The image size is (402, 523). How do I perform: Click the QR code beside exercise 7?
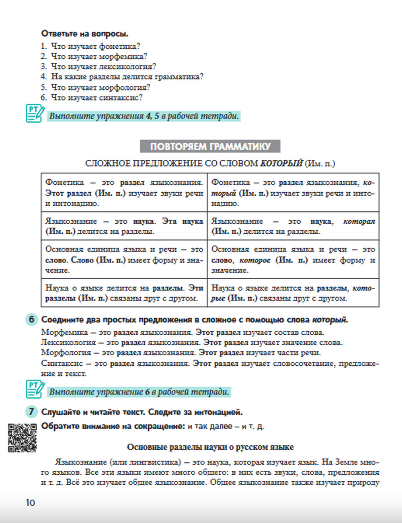[23, 437]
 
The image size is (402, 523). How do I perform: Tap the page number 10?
[30, 502]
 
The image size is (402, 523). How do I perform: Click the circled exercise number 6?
[31, 320]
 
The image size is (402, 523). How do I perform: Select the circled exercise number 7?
[31, 412]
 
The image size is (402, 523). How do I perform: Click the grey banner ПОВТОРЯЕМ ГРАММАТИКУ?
[210, 146]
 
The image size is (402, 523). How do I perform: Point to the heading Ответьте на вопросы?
[85, 34]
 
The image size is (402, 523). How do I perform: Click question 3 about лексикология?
[103, 66]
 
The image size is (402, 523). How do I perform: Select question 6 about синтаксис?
[96, 97]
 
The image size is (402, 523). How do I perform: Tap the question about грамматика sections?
[127, 76]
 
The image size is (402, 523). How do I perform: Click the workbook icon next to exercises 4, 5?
[35, 113]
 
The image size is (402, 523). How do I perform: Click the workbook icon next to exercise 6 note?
[35, 389]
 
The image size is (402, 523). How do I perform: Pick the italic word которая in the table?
[359, 221]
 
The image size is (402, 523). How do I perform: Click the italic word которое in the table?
[255, 260]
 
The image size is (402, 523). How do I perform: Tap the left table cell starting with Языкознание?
[124, 226]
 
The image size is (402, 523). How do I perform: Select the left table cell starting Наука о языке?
[124, 293]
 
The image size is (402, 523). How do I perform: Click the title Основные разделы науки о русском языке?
[210, 447]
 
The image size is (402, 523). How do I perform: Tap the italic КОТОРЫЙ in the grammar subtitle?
[281, 163]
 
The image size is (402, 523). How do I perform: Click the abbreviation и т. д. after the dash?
[253, 426]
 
